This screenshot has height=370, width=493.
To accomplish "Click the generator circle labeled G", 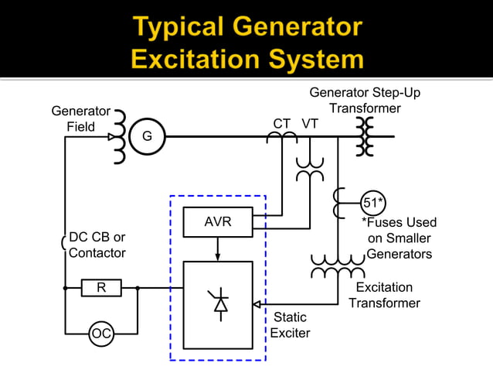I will point(147,136).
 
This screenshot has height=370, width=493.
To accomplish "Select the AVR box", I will point(217,223).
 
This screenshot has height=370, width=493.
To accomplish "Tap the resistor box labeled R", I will point(100,288).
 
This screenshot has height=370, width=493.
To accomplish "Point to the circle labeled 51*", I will point(373,204).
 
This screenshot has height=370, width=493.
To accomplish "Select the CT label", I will point(282,124).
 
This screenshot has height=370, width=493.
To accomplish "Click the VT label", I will point(310,124).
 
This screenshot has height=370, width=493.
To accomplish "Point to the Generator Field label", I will point(80,119).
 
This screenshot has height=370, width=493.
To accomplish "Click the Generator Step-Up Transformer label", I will point(365,101).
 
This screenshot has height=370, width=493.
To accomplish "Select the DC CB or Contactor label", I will point(97,245).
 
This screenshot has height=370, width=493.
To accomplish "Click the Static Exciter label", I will point(290,325).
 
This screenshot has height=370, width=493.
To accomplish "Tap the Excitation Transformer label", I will point(384,295).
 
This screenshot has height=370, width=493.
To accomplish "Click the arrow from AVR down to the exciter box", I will point(217,249).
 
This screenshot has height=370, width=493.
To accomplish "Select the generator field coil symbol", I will point(118,136).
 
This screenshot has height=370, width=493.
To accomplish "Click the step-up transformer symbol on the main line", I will point(364,136).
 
